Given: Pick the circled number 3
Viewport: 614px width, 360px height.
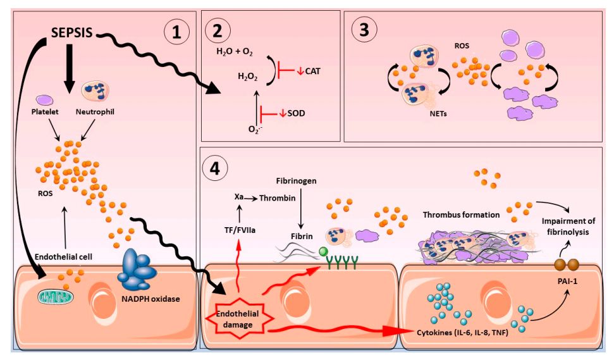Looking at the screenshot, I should click(365, 31).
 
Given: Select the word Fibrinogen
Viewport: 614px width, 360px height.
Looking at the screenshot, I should click(301, 180).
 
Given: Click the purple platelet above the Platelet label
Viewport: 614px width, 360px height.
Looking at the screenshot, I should click(45, 100).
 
